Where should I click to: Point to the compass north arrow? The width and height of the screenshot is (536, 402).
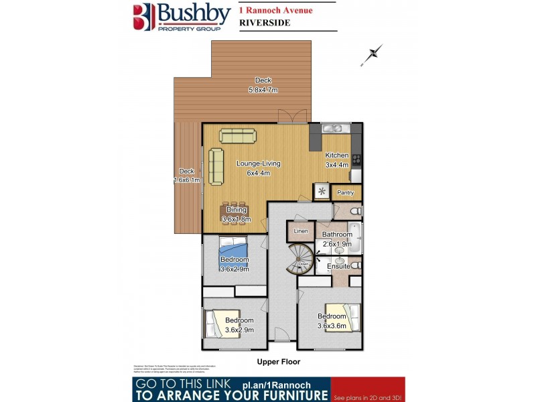coord(371,55)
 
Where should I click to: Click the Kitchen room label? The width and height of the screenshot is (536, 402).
coord(337,155)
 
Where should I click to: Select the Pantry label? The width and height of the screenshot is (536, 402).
coord(346,193)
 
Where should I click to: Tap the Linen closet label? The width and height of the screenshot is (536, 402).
coord(300,231)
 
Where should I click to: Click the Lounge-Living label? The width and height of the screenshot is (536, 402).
coord(258,163)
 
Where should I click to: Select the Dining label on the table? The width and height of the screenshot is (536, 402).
coord(236,210)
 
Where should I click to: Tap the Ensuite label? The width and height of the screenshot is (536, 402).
coord(338,266)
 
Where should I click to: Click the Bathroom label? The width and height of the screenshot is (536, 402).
coord(337,234)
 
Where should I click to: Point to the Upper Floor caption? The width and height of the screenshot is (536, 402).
coord(279,362)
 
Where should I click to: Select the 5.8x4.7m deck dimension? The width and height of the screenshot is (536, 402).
coord(263,90)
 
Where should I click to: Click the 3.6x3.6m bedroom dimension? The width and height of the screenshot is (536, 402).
coord(332,326)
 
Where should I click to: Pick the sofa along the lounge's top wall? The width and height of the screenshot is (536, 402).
coord(238,137)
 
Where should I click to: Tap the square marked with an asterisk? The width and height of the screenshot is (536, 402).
coord(322,192)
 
